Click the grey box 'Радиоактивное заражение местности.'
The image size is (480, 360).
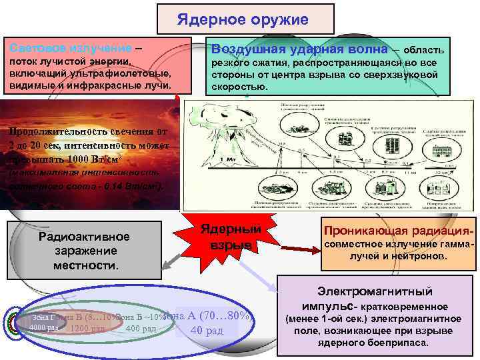tap(85, 251)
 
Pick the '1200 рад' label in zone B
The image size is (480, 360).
tap(87, 329)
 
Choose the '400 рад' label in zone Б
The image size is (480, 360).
tap(141, 328)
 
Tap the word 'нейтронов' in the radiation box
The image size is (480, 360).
tap(428, 256)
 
